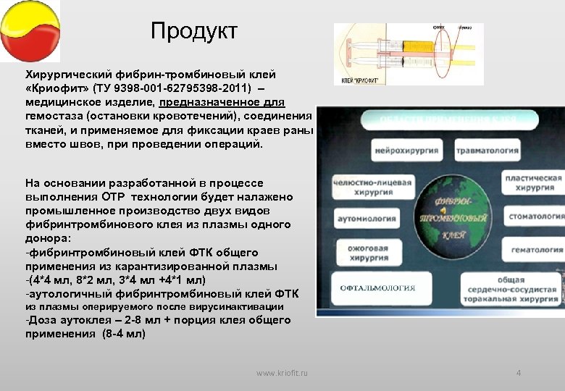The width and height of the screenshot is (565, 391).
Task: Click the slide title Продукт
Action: pyautogui.click(x=193, y=31)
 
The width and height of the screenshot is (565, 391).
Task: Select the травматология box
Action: pyautogui.click(x=487, y=151)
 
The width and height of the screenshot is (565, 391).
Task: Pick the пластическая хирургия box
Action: pyautogui.click(x=533, y=182)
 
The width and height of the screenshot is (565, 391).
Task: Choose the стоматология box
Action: pyautogui.click(x=535, y=216)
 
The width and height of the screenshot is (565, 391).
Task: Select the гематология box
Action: pyautogui.click(x=536, y=250)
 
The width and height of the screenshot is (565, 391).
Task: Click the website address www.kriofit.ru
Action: pyautogui.click(x=282, y=372)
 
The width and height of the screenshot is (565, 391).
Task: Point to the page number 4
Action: pyautogui.click(x=518, y=372)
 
